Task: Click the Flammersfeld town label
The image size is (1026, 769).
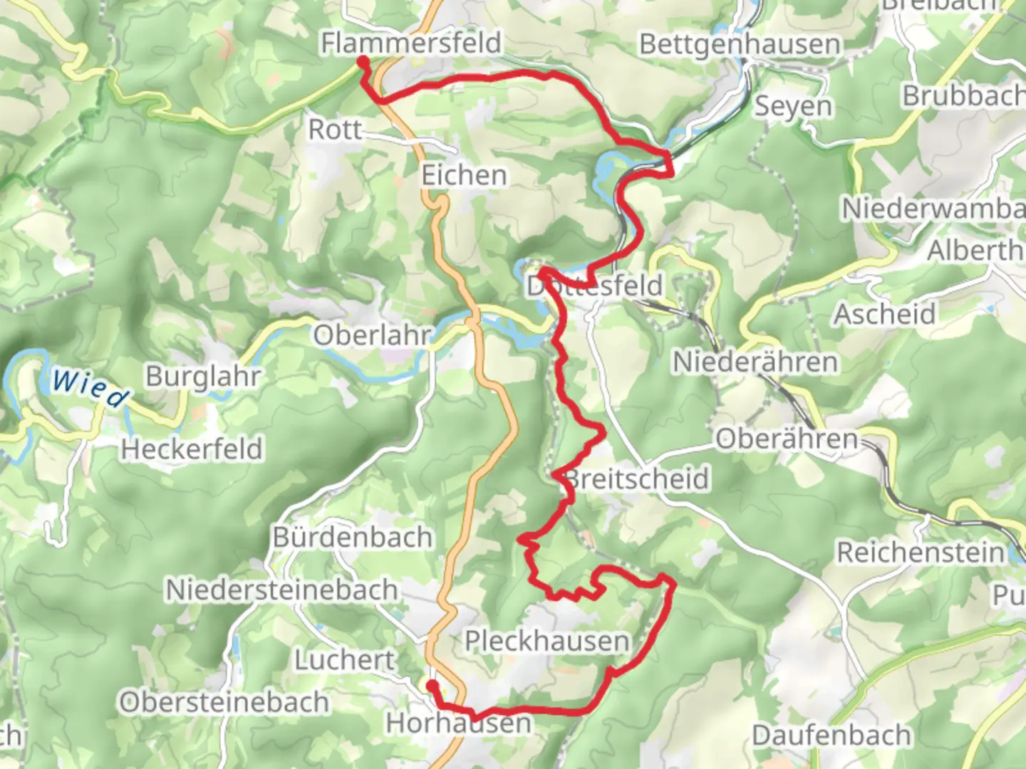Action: pos(411,43)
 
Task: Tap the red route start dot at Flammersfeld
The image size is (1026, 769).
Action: pos(362,62)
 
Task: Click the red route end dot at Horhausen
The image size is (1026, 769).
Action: pos(432,685)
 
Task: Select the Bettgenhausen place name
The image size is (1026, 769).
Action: pos(740,44)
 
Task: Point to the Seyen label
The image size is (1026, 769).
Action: pos(793,106)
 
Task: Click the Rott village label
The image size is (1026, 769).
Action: pos(335,130)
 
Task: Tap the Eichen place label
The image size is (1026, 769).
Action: pos(464,175)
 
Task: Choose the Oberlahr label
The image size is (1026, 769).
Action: pos(373,335)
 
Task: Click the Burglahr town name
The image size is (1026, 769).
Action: pos(204,376)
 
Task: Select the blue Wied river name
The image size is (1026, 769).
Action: pos(90,388)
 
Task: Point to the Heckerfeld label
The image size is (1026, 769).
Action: pos(192,449)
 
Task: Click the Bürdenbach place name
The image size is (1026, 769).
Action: pos(353,537)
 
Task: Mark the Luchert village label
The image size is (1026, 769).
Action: pos(345,660)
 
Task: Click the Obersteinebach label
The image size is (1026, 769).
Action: pos(224,702)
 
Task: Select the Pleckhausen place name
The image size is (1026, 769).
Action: pos(547,641)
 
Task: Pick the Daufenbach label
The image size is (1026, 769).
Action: pos(831,735)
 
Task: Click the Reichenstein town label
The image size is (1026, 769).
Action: pos(920,552)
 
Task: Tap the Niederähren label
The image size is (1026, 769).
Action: pos(755,362)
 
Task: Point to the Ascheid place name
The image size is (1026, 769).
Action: pos(885,314)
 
